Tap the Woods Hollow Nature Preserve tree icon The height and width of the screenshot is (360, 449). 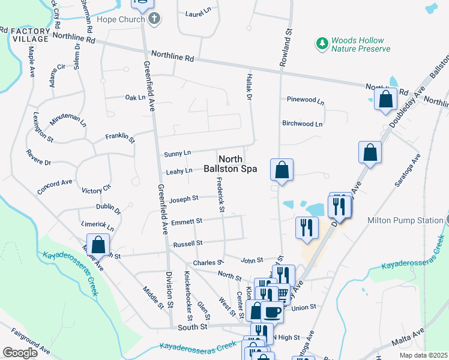coord(322,43)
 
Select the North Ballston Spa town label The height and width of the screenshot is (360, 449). coord(238,164)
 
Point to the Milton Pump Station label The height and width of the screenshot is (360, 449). coord(405,220)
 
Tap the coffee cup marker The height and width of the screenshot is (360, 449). coord(273,311)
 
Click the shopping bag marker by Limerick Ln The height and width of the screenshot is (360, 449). coord(98,244)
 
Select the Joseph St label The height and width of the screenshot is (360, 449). coord(184,199)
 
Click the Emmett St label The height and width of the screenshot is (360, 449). coord(187,221)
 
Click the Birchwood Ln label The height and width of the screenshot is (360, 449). coord(303,124)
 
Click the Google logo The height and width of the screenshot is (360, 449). coord(20,353)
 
